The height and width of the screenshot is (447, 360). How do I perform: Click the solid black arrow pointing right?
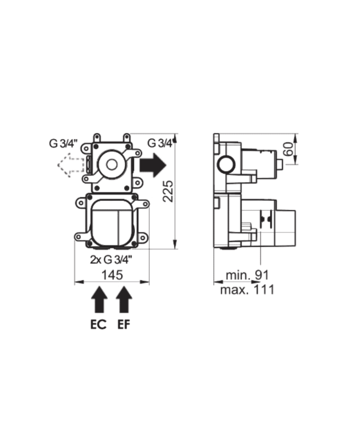pos(153,165)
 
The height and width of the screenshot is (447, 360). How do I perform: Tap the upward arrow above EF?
pos(123,300)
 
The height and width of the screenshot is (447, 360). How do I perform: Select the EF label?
pos(123,325)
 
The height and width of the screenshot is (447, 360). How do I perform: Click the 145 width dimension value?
pos(112,275)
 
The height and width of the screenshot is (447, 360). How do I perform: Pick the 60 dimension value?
pos(289,150)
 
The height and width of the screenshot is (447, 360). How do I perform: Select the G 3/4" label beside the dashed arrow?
pos(63,144)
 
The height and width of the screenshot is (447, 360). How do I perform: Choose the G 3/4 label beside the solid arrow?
pos(159,143)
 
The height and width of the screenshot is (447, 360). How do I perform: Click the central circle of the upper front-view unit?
pos(111,165)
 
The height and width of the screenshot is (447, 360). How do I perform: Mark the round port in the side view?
pos(225,165)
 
